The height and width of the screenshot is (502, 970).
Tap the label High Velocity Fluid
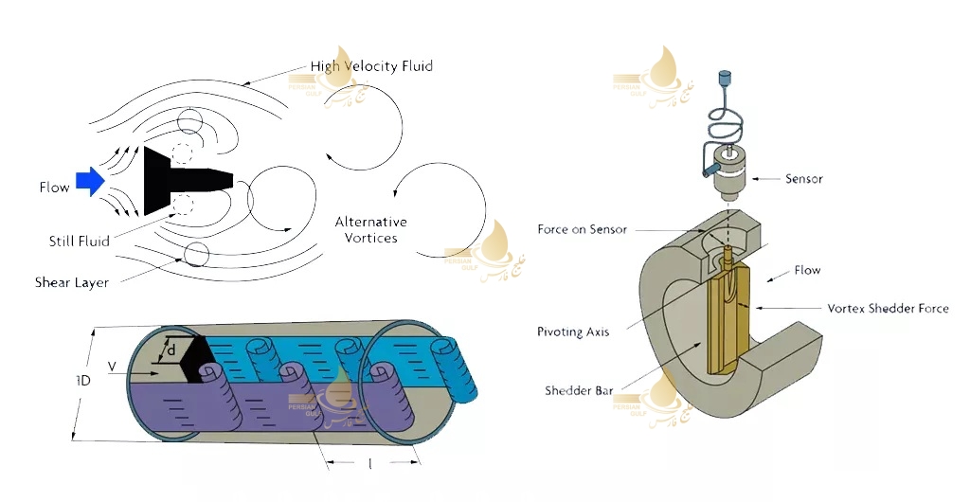[371, 66]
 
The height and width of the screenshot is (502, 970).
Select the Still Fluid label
[80, 242]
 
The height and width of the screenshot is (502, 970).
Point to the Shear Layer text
[72, 282]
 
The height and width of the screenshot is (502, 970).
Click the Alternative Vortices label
[371, 230]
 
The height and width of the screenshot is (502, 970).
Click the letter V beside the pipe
[112, 365]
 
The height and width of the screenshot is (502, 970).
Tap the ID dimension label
[83, 381]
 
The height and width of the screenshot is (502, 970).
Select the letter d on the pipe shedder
[171, 350]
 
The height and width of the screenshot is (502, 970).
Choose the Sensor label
[804, 178]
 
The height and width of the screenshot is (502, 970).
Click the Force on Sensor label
[583, 230]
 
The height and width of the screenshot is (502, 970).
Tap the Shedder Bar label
[579, 390]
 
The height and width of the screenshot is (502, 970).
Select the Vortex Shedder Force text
[888, 309]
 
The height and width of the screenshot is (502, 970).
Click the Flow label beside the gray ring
[807, 271]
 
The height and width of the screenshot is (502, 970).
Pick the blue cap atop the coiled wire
[726, 74]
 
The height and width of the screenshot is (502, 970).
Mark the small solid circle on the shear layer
[197, 255]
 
